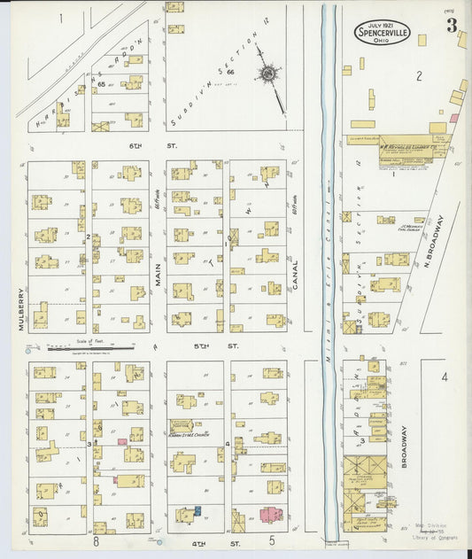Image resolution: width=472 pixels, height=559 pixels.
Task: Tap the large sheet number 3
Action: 452,26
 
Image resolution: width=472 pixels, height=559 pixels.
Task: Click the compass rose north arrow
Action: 269,75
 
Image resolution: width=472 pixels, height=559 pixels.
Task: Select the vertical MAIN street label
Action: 158,291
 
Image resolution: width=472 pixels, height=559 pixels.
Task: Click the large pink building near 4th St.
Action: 271,514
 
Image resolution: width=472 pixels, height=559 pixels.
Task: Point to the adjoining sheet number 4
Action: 445,377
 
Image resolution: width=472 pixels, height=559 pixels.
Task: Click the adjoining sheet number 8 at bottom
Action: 95,540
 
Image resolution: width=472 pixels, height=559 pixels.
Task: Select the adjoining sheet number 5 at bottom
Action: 272,540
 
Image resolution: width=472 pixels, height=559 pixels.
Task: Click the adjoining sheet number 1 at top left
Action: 61,18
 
